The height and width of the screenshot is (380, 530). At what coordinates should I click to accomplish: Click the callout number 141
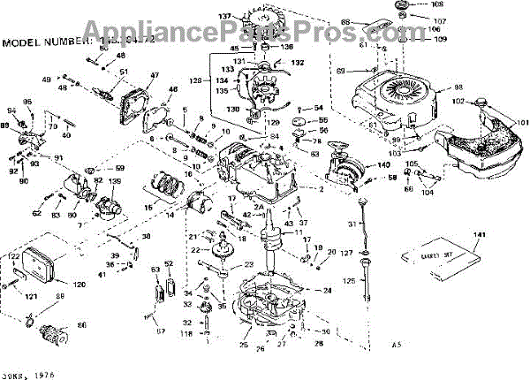click(x=480, y=235)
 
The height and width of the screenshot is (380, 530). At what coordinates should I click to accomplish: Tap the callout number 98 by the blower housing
click(x=458, y=87)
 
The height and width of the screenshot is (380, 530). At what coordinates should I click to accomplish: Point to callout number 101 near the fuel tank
click(x=519, y=121)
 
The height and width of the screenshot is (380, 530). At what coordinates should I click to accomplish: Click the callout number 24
click(x=328, y=290)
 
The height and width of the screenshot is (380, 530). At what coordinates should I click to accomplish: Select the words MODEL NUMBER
click(x=43, y=42)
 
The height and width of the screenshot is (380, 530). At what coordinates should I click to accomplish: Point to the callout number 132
click(x=298, y=64)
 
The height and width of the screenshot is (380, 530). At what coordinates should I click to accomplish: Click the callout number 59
click(x=120, y=168)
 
